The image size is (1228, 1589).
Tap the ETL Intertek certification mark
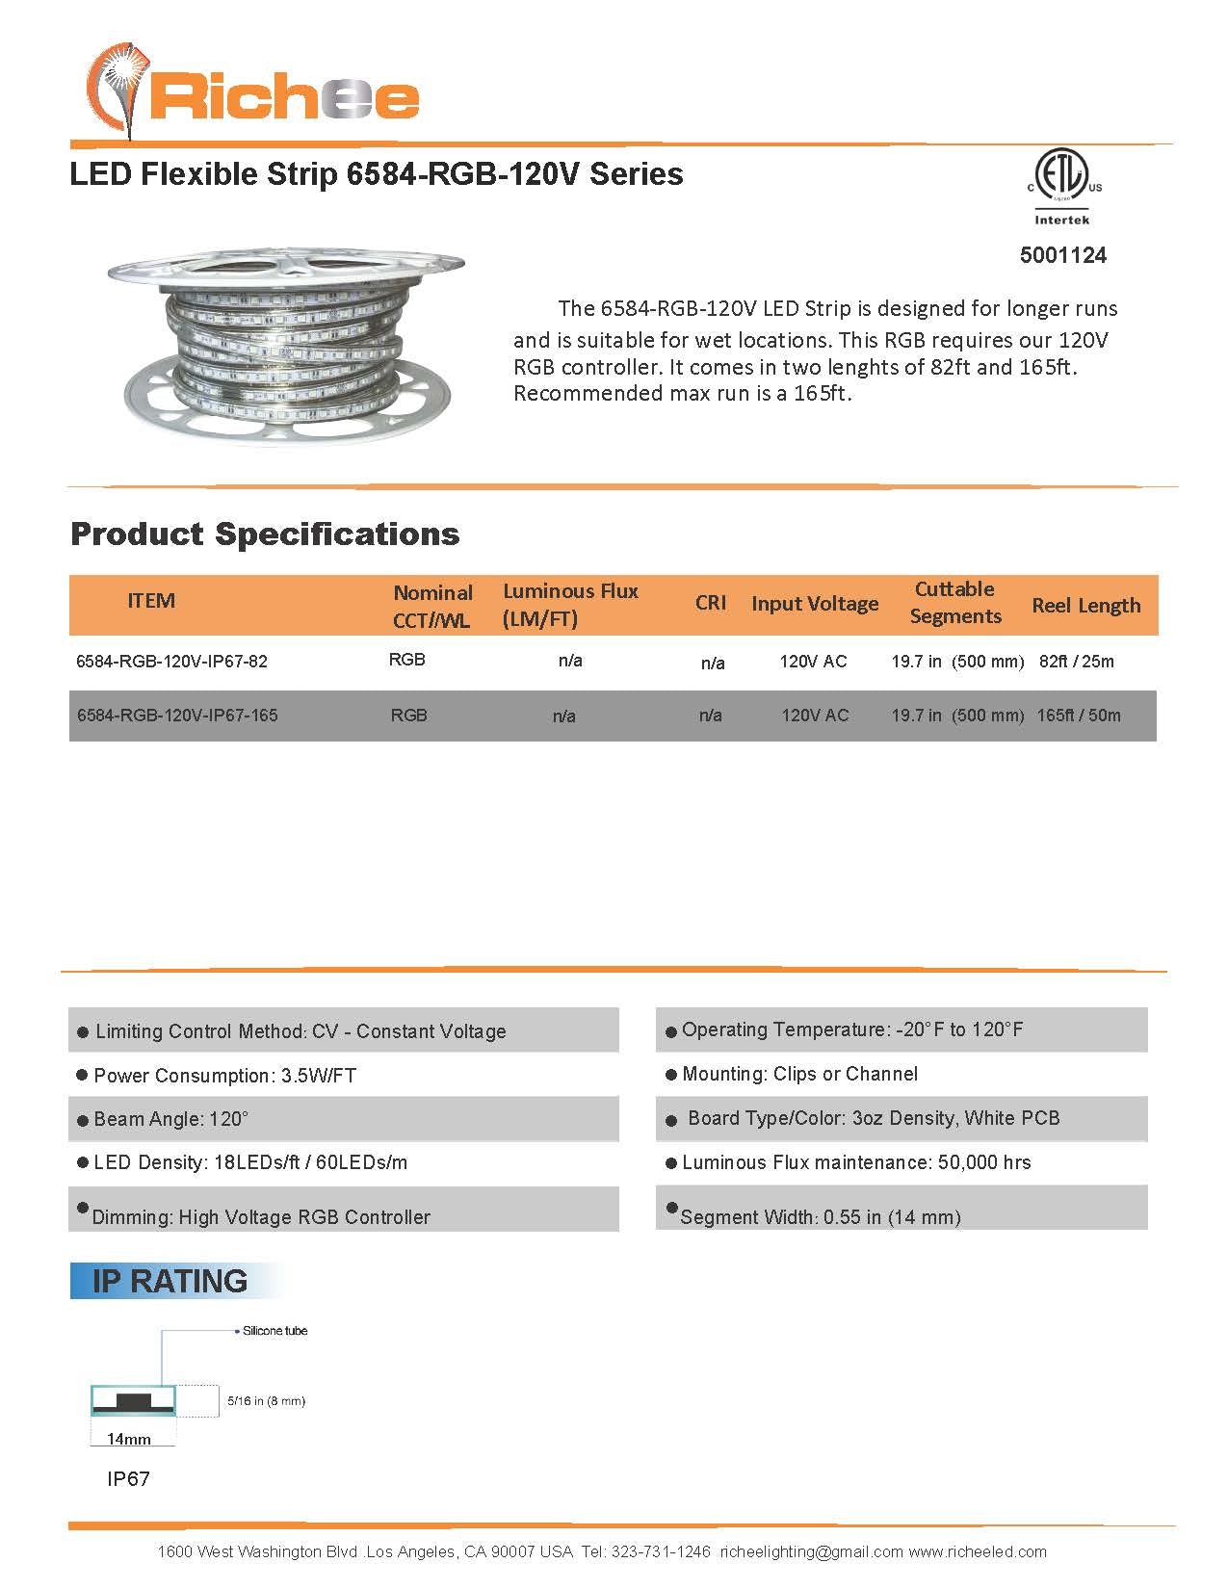[x=1062, y=187]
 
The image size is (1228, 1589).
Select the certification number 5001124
[x=1063, y=255]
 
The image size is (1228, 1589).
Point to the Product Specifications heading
[x=265, y=534]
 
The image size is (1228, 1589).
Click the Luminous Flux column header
[x=570, y=605]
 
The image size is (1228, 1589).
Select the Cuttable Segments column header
[x=955, y=603]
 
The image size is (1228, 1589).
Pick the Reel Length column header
[x=1085, y=606]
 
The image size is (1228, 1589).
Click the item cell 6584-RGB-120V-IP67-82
[x=171, y=662]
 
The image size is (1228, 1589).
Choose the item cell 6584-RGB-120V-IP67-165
[x=177, y=716]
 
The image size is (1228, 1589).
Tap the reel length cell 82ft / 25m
[x=1076, y=662]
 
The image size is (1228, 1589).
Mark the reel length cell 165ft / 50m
[x=1079, y=716]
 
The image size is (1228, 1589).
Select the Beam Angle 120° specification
[x=170, y=1119]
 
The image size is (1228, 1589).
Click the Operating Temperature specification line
[x=852, y=1029]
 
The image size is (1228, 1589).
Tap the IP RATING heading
[x=170, y=1281]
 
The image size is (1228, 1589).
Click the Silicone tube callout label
[x=274, y=1331]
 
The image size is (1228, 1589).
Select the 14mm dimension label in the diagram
[x=129, y=1439]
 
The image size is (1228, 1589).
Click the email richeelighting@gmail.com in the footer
[x=811, y=1551]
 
